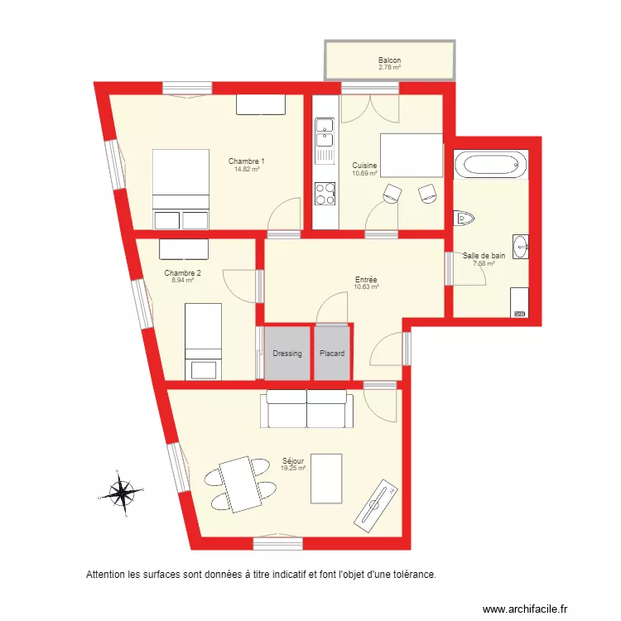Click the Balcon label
pyautogui.click(x=389, y=60)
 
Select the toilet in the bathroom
pyautogui.click(x=465, y=218)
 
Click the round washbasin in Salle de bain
pyautogui.click(x=520, y=245)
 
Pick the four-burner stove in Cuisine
pyautogui.click(x=325, y=194)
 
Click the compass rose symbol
pyautogui.click(x=123, y=493)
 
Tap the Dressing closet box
pyautogui.click(x=287, y=354)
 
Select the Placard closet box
pyautogui.click(x=332, y=354)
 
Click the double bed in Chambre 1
pyautogui.click(x=181, y=189)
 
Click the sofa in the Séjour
pyautogui.click(x=306, y=409)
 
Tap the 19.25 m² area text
pyautogui.click(x=293, y=468)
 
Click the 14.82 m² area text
pyautogui.click(x=247, y=169)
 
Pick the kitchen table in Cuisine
pyautogui.click(x=411, y=155)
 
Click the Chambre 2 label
pyautogui.click(x=182, y=272)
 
